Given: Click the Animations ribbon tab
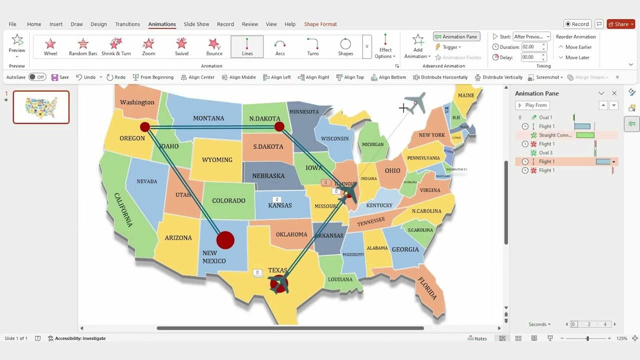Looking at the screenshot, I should pos(162,24).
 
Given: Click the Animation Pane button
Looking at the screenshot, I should pos(456,36).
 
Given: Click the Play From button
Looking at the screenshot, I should pos(532,105).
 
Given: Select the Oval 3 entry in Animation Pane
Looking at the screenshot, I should pos(545,152).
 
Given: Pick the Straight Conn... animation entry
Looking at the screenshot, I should pos(555,135).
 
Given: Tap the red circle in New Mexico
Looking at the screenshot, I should pos(225,240).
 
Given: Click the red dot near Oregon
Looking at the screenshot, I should pos(145,127).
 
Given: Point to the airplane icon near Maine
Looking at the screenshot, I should pos(415,102).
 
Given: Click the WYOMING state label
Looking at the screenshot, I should pos(217,160).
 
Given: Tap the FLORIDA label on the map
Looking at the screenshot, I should pos(427,288).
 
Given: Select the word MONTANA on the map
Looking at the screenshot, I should pos(208,118).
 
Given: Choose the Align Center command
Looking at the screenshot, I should pos(197,77).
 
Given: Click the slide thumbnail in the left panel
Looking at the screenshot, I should pos(41,107).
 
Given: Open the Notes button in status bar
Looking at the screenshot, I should pos(477,338).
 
